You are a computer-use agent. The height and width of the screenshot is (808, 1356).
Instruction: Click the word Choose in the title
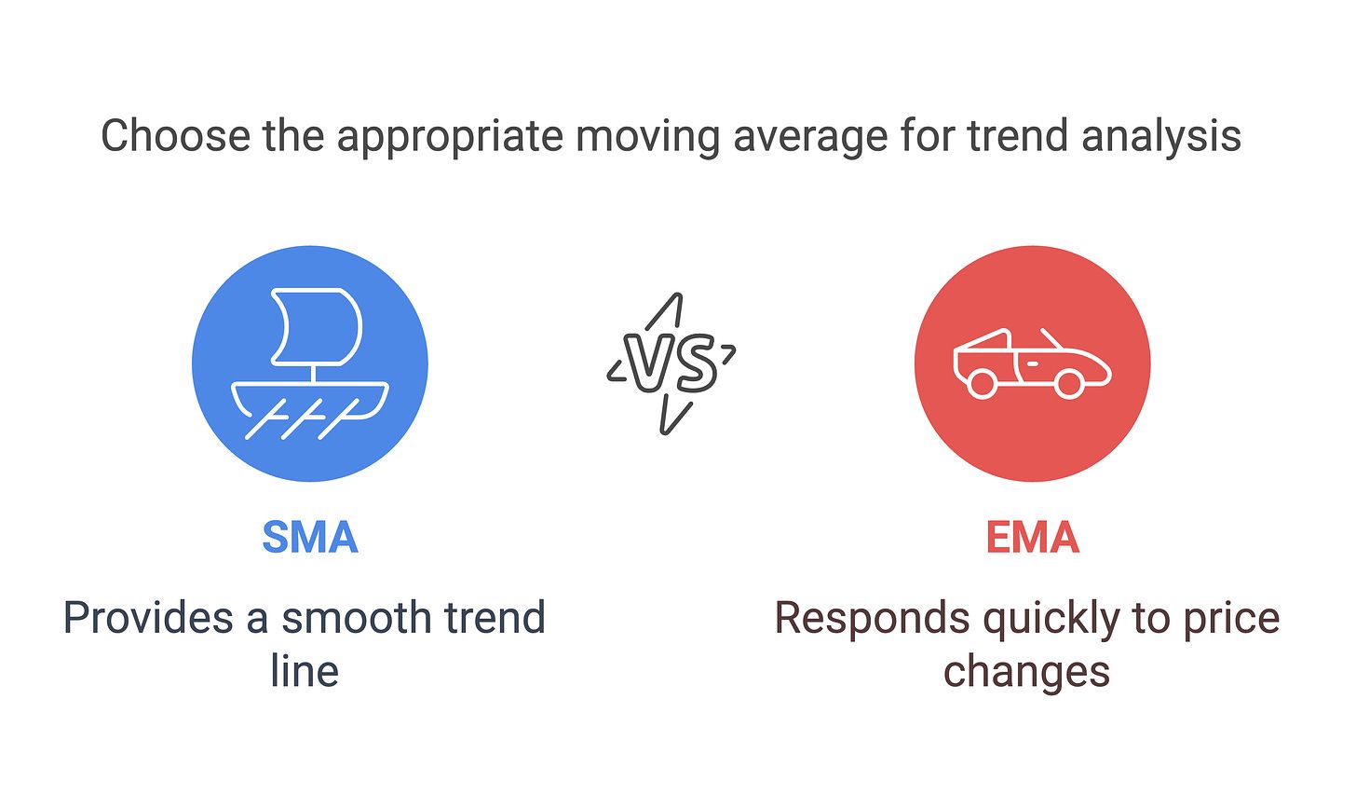point(175,136)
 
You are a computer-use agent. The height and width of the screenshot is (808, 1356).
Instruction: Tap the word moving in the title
point(647,138)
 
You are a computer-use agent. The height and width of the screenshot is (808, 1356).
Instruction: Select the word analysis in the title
point(1161,138)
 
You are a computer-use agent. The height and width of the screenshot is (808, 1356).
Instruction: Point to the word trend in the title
point(1018,136)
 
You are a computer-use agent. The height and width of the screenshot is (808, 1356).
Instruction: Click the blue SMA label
point(310,537)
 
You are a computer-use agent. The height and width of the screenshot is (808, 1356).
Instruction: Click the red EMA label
point(1033,537)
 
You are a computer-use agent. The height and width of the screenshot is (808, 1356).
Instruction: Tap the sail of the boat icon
point(316,327)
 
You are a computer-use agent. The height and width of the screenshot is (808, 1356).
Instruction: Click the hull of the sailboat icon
point(310,401)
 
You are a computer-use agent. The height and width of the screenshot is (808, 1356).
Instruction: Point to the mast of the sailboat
point(312,374)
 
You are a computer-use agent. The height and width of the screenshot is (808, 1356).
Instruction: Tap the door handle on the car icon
point(1032,364)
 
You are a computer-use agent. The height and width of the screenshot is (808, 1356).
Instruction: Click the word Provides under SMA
point(148,619)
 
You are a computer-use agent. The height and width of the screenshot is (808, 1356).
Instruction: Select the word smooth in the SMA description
point(357,619)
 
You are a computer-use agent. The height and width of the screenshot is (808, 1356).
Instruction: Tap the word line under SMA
point(305,671)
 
